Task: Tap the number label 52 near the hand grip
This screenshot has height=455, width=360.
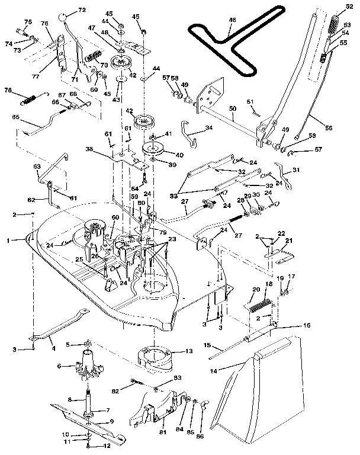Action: click(349, 7)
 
